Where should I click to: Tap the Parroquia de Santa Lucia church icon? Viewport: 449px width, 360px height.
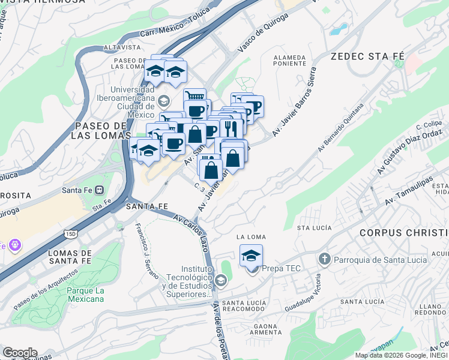point(325,259)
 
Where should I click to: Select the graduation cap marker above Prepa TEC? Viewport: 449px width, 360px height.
point(251,256)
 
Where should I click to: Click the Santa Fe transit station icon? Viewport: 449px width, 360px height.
point(100,191)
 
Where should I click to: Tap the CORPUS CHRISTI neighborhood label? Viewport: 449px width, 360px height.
point(403,232)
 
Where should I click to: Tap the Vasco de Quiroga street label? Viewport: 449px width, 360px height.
point(259,32)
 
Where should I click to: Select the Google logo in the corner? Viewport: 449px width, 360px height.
point(19,353)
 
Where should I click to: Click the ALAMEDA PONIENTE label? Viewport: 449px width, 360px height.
point(290,60)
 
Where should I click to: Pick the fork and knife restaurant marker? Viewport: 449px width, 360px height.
point(231,127)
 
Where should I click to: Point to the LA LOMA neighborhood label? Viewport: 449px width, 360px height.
point(251,236)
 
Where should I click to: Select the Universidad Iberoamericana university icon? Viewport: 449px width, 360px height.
point(164,100)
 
